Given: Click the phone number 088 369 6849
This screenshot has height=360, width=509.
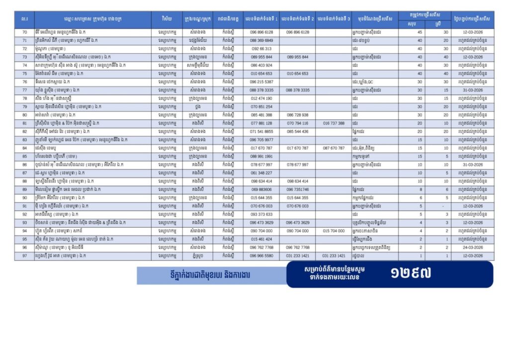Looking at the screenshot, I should click(261, 40).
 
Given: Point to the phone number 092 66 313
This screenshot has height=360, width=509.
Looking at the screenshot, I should click(261, 49).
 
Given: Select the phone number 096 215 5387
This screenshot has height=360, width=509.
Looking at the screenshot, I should click(261, 82).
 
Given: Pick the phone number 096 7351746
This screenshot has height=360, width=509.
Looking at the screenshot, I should click(297, 189).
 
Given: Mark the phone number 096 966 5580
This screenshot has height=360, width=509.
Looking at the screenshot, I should click(261, 256).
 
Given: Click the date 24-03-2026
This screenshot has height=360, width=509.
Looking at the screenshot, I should click(473, 247).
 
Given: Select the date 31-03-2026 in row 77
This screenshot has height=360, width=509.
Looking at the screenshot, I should click(473, 90).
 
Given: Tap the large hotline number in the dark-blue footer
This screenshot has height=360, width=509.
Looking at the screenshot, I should click(411, 273).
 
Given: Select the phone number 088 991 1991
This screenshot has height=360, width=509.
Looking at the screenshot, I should click(261, 156).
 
